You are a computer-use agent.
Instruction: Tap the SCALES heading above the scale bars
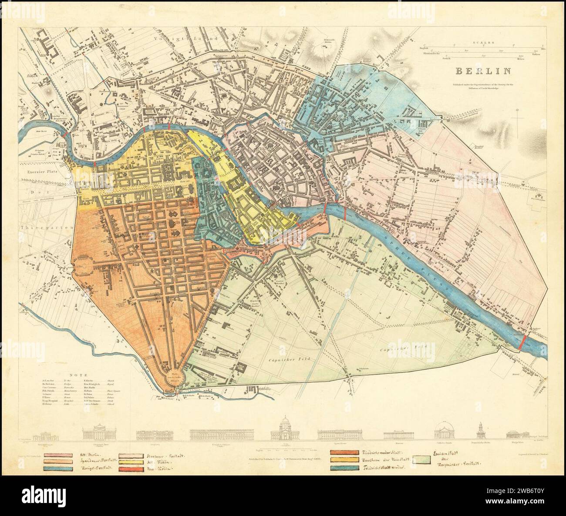point(484,43)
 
